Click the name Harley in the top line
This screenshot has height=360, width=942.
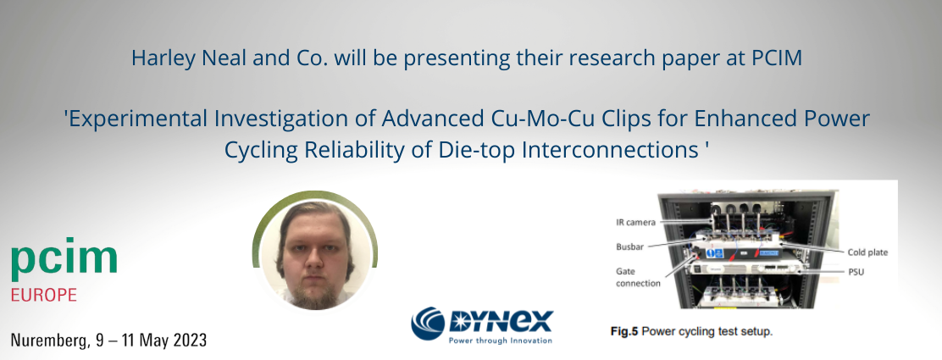(x=161, y=58)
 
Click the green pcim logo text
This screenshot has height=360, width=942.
(x=64, y=262)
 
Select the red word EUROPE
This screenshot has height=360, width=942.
(x=44, y=296)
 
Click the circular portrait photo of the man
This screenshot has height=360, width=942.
(x=314, y=250)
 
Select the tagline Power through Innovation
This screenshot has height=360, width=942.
(x=500, y=341)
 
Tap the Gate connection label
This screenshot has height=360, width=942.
(x=638, y=276)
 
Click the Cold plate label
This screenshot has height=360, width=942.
(x=867, y=252)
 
